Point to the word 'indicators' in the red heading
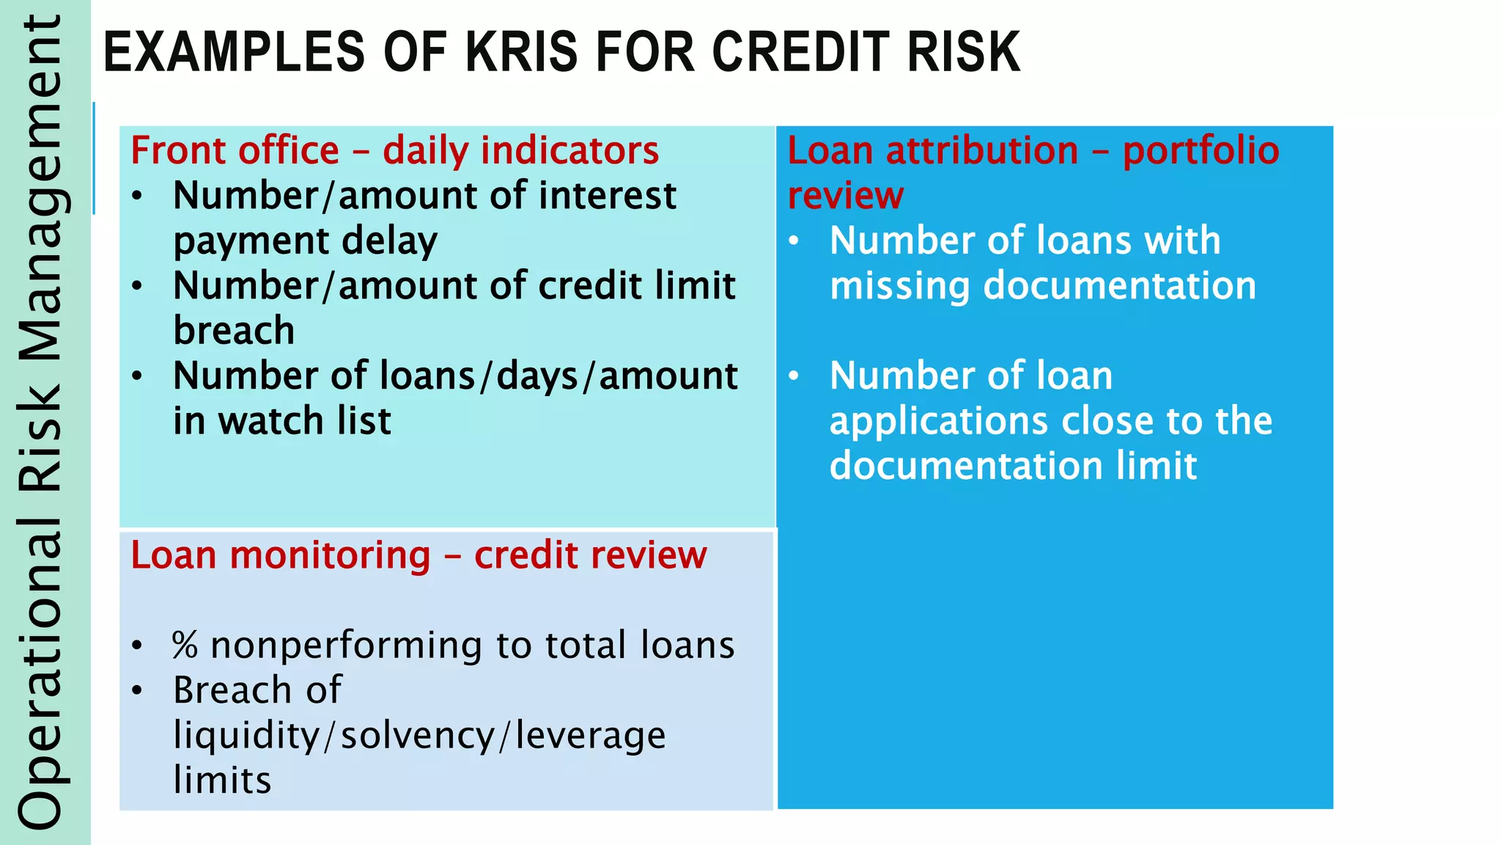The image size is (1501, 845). point(569,151)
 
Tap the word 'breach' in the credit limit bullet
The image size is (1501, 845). point(234,331)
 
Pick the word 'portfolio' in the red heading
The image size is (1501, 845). point(1201,151)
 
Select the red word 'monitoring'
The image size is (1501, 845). point(330,555)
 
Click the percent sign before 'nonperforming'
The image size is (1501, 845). point(185,645)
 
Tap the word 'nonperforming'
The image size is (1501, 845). point(346,645)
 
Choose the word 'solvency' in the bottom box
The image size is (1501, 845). point(418,736)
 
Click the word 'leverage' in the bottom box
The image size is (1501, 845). point(590,736)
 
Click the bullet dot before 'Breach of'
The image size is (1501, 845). point(137,690)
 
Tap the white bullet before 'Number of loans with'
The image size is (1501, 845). point(794,241)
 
